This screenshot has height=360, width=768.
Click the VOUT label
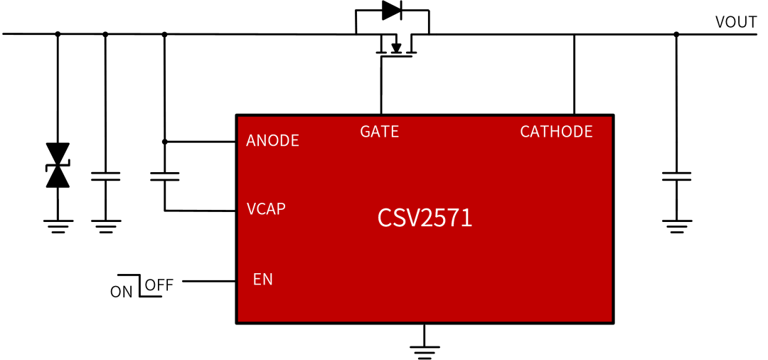point(735,22)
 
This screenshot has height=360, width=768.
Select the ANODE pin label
point(272,140)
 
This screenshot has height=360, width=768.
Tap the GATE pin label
point(379,132)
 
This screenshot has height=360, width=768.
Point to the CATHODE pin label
point(556,132)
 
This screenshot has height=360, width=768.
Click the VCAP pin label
point(266,209)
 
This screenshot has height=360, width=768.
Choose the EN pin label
point(262,279)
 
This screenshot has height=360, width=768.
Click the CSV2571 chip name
point(425,218)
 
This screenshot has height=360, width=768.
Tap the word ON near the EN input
point(120,291)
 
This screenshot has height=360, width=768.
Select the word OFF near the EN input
point(159,286)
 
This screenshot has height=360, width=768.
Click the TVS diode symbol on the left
point(57,166)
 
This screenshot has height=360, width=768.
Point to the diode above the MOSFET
point(392,10)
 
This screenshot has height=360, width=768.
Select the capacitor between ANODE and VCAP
point(165,176)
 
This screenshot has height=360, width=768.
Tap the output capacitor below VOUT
point(676,176)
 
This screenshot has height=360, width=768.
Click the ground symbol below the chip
point(425,348)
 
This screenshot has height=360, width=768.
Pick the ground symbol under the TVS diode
point(57,226)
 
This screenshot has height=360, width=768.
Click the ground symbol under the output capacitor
point(676,226)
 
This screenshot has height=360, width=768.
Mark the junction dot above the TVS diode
point(58,33)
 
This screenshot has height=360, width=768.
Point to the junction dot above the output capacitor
point(676,33)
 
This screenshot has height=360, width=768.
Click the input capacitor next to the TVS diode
point(105,176)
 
